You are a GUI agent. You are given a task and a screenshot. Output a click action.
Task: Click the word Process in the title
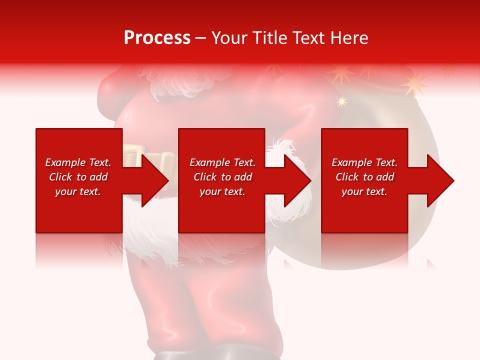157,38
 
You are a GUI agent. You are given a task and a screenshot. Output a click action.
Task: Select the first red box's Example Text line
78,162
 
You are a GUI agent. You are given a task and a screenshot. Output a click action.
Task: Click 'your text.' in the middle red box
222,191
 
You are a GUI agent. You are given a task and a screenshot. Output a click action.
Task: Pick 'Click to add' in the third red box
364,177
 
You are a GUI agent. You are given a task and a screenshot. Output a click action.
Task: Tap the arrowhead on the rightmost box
439,180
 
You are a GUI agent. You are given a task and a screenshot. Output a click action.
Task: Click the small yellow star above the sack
341,101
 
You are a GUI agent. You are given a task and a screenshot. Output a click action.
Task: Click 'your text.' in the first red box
78,191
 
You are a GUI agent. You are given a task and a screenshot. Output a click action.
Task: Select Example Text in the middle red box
222,162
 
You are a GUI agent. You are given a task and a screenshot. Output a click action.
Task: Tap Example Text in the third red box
364,162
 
